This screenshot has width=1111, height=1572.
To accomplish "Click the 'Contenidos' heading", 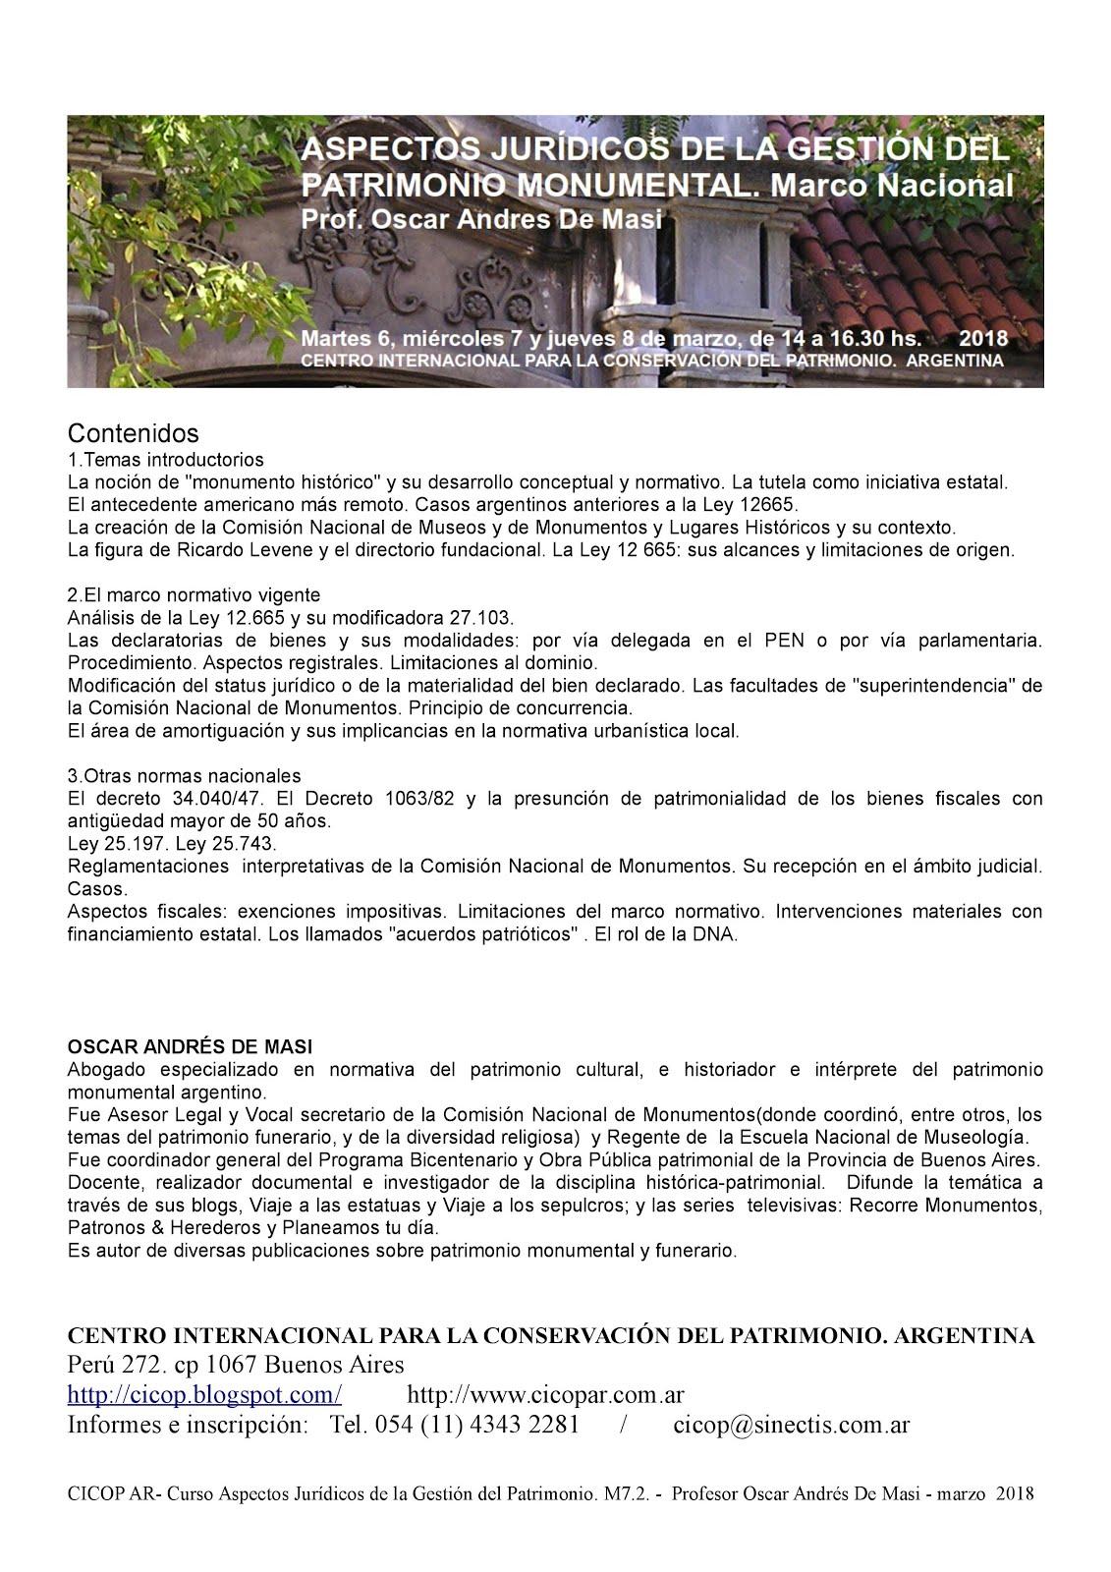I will (x=133, y=433).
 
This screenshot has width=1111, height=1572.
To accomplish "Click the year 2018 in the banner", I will (x=982, y=338).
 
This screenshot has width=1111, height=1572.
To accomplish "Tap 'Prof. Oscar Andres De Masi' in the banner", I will (x=481, y=218).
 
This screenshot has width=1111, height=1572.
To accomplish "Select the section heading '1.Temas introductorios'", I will (x=166, y=459).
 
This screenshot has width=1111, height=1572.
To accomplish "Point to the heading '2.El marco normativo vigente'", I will (x=194, y=595).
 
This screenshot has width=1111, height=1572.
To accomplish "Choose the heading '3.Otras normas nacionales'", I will (x=184, y=775).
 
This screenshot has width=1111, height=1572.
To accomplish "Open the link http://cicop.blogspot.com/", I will (x=204, y=1394).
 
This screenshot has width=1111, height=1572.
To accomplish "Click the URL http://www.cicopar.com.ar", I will (x=545, y=1394).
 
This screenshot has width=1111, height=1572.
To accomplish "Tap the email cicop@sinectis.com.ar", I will (x=792, y=1425).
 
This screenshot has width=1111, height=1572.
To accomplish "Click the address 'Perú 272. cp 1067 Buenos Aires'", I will (x=235, y=1365).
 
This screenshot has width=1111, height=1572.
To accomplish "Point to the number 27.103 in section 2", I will (x=481, y=618).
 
